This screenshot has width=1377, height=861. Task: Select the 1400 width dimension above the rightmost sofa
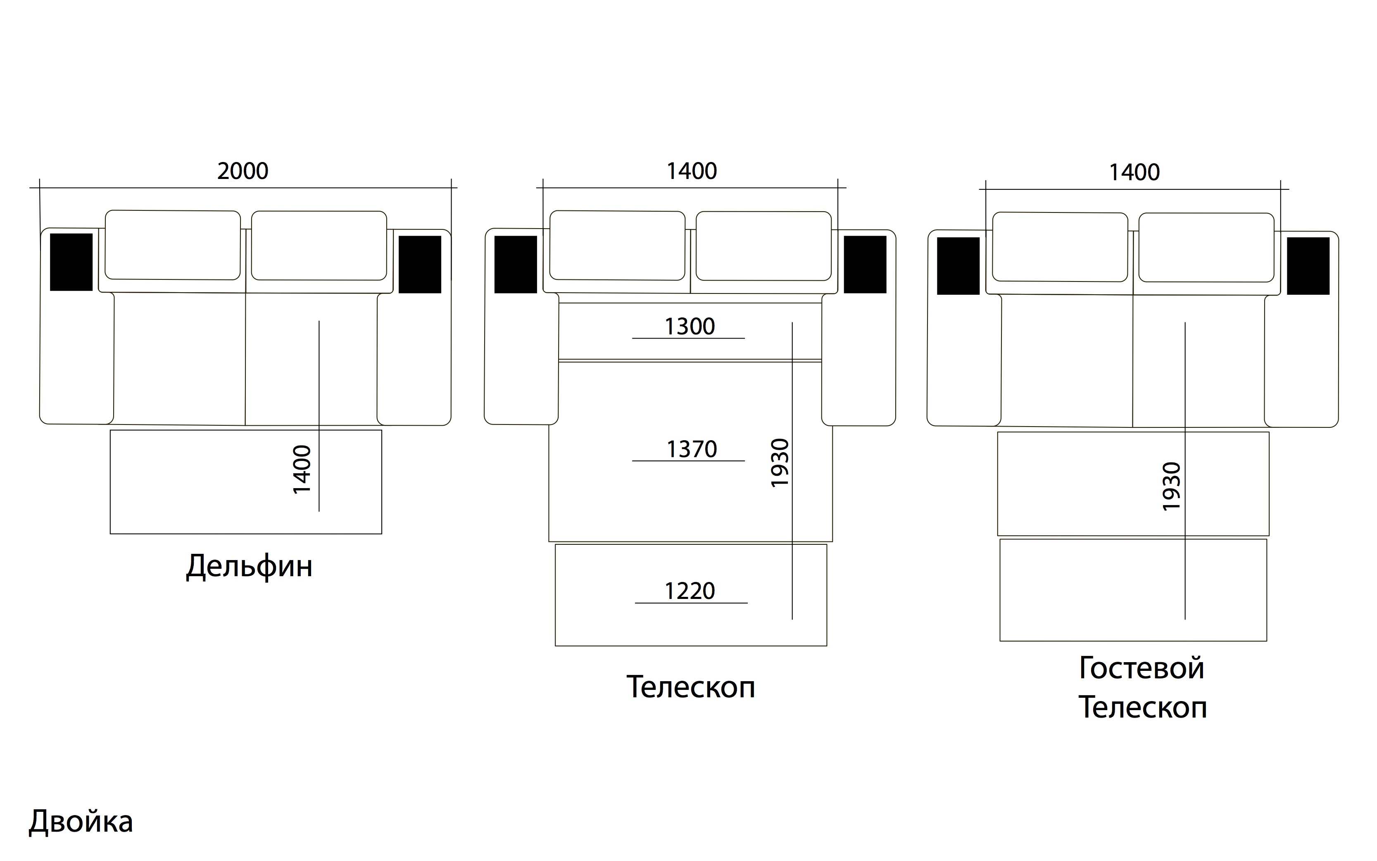1134,172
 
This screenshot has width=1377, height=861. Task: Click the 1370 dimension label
691,450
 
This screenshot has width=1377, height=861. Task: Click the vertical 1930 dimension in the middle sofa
780,463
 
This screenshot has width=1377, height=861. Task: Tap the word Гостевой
1142,668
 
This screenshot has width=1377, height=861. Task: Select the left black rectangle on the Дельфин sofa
71,262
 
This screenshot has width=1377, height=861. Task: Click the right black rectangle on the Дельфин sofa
420,265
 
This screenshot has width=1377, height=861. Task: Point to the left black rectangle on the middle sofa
516,265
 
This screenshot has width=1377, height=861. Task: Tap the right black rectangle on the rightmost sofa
1308,266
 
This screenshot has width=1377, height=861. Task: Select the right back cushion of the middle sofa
763,246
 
